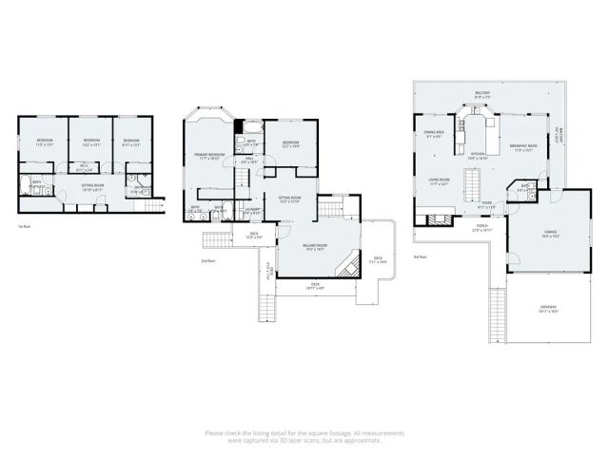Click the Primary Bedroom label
click(x=208, y=155)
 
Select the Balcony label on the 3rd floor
click(x=483, y=94)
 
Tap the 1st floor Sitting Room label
click(x=92, y=187)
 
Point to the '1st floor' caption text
click(x=24, y=226)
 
